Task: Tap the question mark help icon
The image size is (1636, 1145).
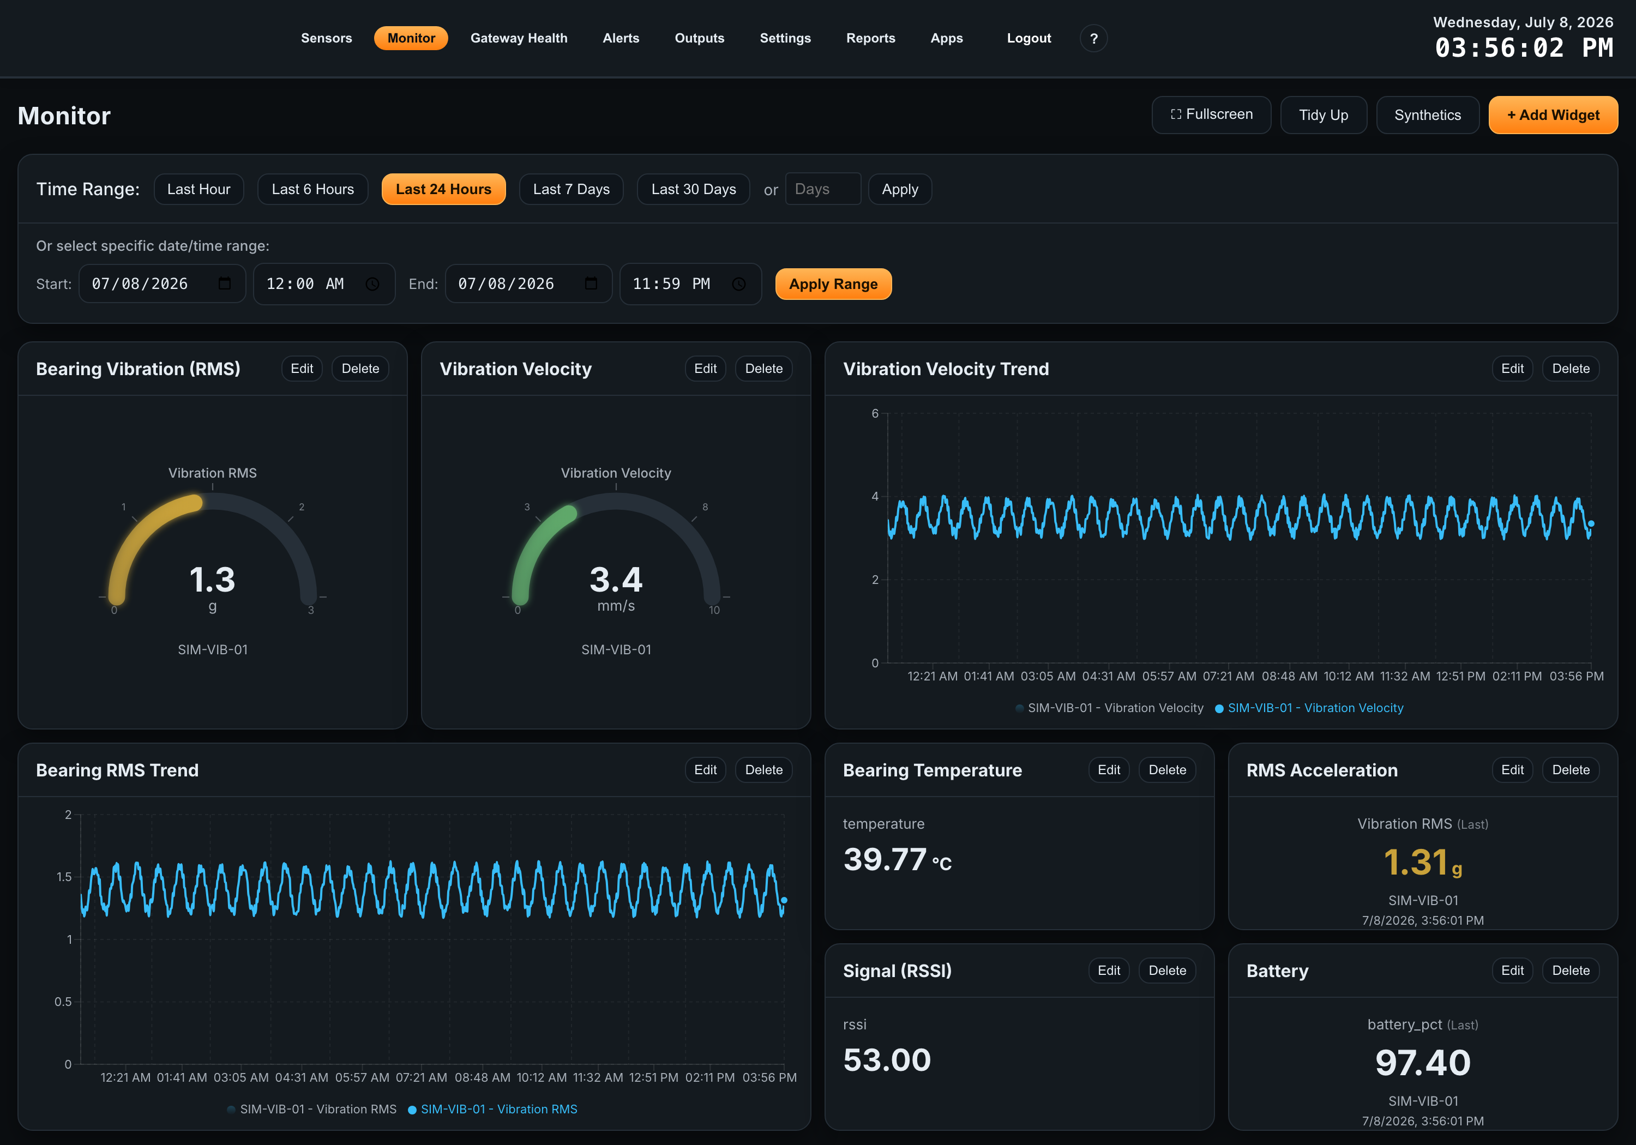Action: coord(1094,39)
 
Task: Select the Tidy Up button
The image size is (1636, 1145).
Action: coord(1323,114)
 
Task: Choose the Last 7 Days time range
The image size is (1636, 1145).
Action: coord(571,189)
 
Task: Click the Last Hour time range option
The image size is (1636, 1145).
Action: coord(199,189)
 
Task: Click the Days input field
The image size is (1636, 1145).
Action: coord(823,189)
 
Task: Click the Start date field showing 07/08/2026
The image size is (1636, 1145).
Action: coord(162,284)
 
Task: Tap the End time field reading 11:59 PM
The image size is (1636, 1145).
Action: coord(690,284)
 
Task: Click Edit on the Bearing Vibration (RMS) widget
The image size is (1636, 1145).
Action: coord(302,369)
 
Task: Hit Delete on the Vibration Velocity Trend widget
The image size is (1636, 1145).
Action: coord(1571,369)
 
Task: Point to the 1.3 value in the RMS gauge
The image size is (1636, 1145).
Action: coord(212,579)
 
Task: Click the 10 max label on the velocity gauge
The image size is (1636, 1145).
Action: coord(714,610)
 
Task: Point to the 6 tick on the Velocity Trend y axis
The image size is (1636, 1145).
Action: coord(875,413)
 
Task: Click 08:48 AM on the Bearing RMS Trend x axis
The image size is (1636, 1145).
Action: coord(483,1077)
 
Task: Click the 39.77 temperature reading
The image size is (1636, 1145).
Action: coord(885,859)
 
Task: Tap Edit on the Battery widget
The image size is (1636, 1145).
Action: coord(1512,971)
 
